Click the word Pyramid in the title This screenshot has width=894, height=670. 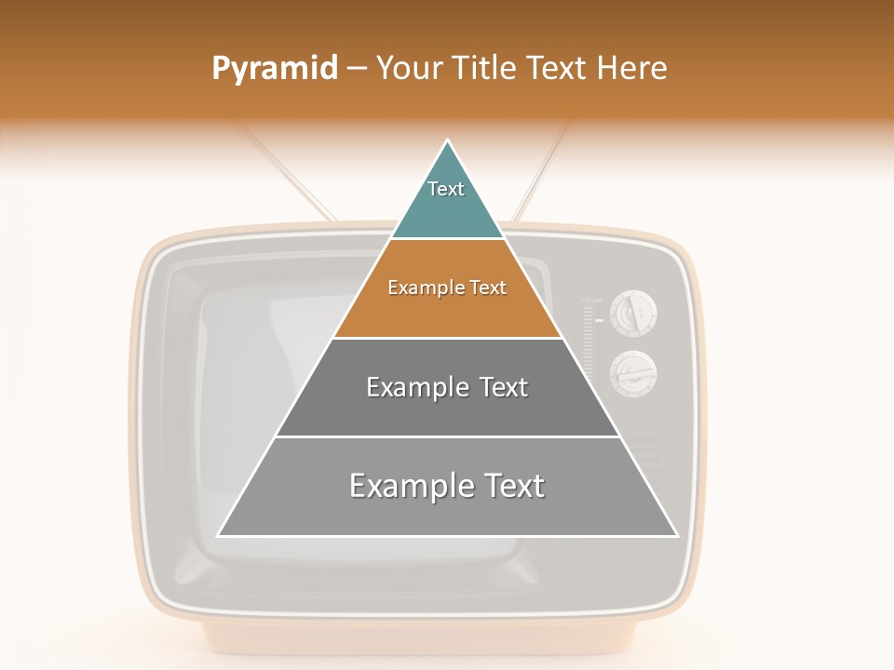point(275,69)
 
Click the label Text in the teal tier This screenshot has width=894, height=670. point(446,189)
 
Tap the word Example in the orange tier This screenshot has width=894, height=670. point(416,288)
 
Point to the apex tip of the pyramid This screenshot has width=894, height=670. point(448,141)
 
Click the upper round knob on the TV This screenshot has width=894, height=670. point(633,312)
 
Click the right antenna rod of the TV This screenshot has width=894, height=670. point(540,172)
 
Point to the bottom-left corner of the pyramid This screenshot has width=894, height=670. point(219,535)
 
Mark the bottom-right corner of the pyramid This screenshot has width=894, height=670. point(676,535)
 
